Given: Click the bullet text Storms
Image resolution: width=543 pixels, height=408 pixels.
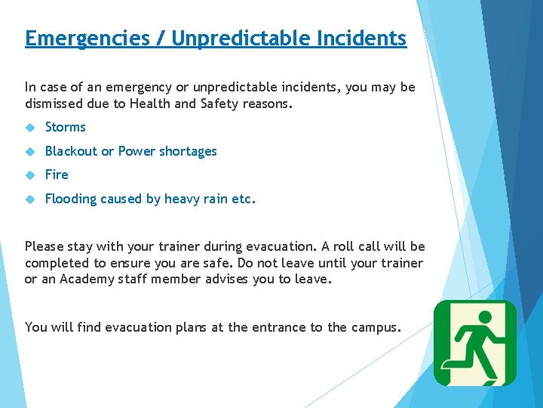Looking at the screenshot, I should tap(65, 127).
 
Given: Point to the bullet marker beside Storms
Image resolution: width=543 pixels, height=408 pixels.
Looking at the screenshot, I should tap(30, 128).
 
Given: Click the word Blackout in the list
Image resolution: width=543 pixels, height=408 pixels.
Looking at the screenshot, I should tap(70, 151).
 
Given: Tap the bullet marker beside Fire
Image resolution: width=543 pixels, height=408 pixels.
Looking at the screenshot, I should tap(30, 175).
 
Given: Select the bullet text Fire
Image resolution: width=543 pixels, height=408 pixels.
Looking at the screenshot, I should tap(57, 175).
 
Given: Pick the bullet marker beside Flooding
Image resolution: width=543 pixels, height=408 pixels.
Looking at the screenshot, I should tap(30, 199).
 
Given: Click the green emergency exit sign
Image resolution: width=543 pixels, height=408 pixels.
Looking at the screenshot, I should tap(475, 343).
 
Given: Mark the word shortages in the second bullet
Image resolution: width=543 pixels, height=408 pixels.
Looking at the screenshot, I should tap(188, 151).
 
